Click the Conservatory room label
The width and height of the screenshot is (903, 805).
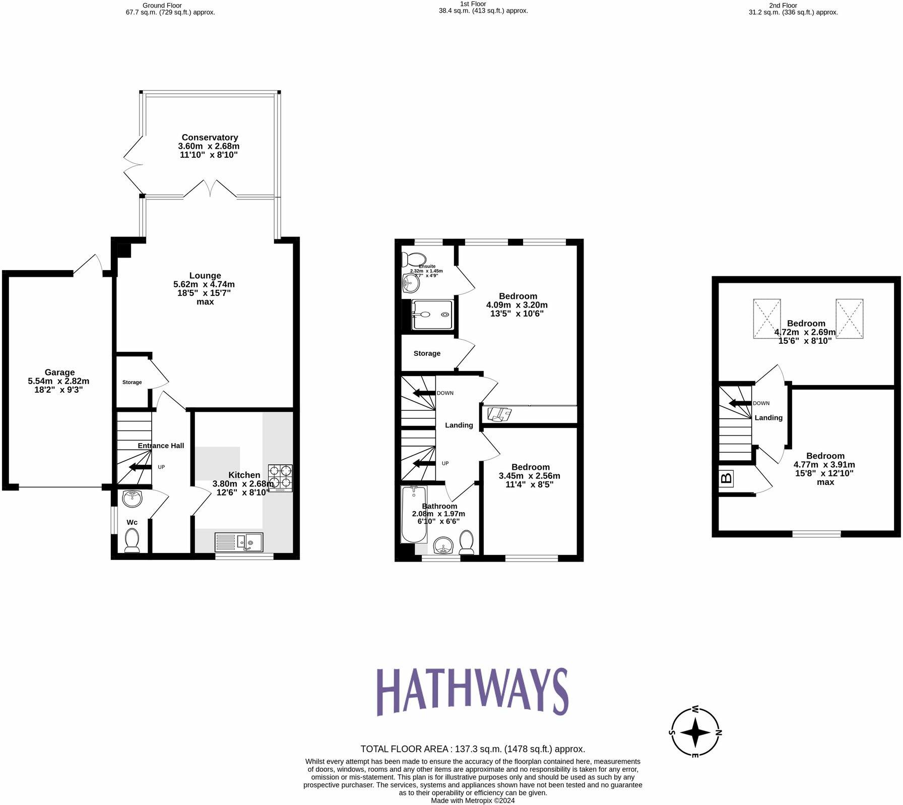(210, 137)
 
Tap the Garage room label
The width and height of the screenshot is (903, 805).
(59, 373)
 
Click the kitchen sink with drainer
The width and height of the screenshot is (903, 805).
(238, 542)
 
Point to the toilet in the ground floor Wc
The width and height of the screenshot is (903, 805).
(132, 539)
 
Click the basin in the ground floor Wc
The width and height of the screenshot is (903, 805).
(133, 498)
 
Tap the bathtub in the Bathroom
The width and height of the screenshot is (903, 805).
(414, 514)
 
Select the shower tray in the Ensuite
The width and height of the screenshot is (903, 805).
(432, 315)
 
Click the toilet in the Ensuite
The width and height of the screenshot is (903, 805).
(413, 259)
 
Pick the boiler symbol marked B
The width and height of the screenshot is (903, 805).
(727, 477)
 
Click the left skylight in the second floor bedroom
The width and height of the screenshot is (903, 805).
(766, 318)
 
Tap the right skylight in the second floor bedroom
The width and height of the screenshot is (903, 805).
(850, 318)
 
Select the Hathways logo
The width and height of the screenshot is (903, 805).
(472, 692)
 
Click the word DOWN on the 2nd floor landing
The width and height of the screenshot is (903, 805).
(761, 403)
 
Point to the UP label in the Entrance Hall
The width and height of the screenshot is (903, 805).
(161, 467)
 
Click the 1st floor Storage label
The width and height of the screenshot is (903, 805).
(427, 353)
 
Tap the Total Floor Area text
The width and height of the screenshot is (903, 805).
(472, 749)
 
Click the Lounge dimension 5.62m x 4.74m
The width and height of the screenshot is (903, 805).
(204, 284)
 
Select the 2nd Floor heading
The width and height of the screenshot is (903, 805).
(783, 6)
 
